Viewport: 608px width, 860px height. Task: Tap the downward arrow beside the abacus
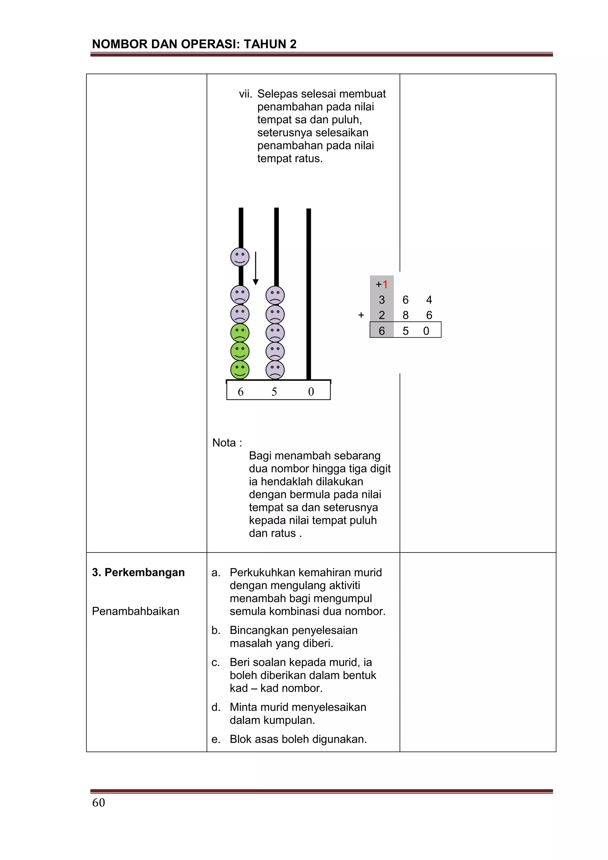[x=256, y=268]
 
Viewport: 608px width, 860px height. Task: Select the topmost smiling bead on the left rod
[x=240, y=257]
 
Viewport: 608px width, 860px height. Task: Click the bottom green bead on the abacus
[x=240, y=370]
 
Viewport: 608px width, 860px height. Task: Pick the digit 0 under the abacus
[x=311, y=392]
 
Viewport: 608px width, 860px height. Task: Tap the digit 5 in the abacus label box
[x=274, y=392]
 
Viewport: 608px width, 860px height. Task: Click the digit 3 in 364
[x=381, y=300]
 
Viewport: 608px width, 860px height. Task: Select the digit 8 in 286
[x=406, y=315]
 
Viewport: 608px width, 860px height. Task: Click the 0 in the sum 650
[x=426, y=331]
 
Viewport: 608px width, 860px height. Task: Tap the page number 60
[x=99, y=802]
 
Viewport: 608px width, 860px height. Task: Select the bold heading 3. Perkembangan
[x=138, y=572]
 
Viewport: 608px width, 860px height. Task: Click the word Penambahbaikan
[x=136, y=611]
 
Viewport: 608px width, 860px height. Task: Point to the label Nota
[x=224, y=443]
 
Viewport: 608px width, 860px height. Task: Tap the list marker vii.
[x=246, y=94]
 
